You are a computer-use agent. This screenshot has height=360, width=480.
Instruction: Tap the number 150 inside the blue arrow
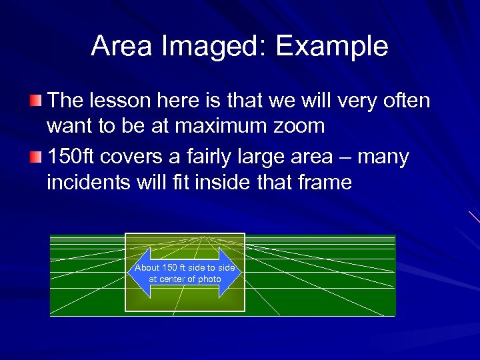pyautogui.click(x=171, y=267)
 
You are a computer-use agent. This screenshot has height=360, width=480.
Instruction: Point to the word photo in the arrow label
pyautogui.click(x=209, y=279)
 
